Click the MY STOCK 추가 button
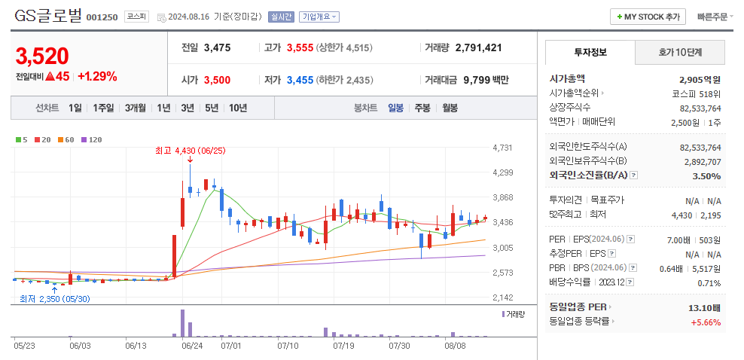(x=648, y=17)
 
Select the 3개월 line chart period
(x=137, y=108)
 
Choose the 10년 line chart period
(x=238, y=108)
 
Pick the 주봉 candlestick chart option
(x=422, y=108)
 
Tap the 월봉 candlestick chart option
(x=450, y=108)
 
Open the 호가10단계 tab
(x=680, y=53)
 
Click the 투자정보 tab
(x=590, y=53)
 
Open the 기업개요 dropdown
(x=319, y=17)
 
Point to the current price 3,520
(x=42, y=56)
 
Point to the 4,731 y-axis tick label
(x=502, y=148)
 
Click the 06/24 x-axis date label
(x=192, y=346)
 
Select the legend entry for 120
(x=91, y=139)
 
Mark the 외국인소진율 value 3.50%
(x=706, y=175)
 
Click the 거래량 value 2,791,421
(x=478, y=47)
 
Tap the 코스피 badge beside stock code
(x=136, y=17)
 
